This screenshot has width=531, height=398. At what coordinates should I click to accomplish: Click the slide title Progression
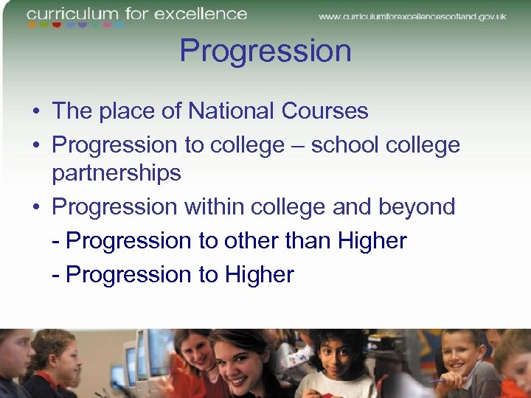pyautogui.click(x=265, y=52)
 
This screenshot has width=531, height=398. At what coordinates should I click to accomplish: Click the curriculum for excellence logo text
pyautogui.click(x=137, y=14)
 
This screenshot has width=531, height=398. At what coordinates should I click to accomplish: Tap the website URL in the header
pyautogui.click(x=412, y=16)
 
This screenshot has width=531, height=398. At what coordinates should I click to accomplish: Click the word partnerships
pyautogui.click(x=117, y=173)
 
